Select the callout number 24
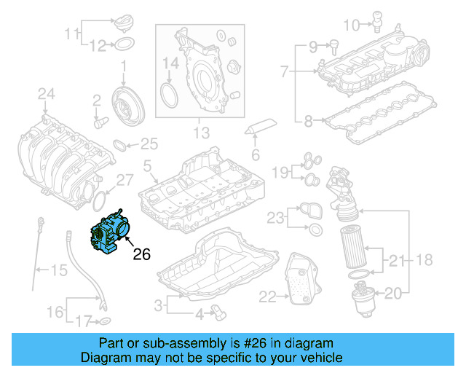coord(46,93)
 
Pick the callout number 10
coord(351,25)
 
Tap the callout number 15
coord(59,271)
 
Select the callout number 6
coord(255,154)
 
